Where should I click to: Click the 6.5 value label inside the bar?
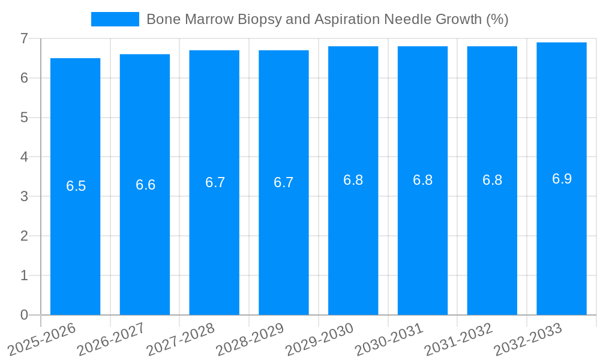76,186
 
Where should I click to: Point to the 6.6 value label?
145,185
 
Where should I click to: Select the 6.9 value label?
562,179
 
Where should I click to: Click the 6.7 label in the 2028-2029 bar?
284,182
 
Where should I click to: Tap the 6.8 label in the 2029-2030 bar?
353,180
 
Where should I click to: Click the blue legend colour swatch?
115,19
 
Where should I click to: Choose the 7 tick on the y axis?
24,38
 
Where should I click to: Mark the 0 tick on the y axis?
24,315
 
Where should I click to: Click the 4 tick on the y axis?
24,157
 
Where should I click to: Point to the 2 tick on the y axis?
24,236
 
